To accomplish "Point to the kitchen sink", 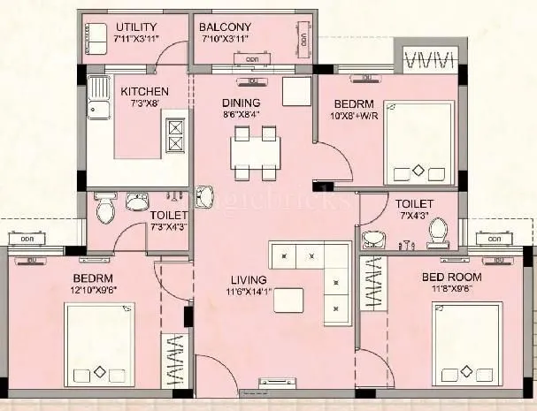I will [96, 111].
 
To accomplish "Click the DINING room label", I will [241, 102].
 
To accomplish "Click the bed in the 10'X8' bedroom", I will [418, 142].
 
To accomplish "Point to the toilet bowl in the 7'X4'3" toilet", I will [436, 232].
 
